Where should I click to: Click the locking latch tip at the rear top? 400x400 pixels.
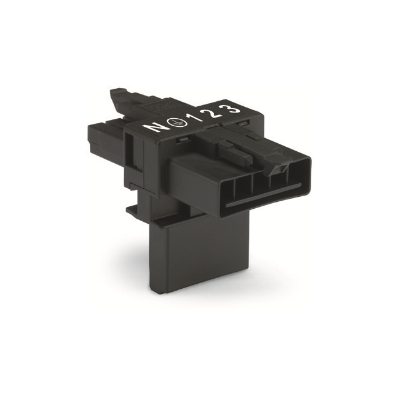click(x=118, y=97)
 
